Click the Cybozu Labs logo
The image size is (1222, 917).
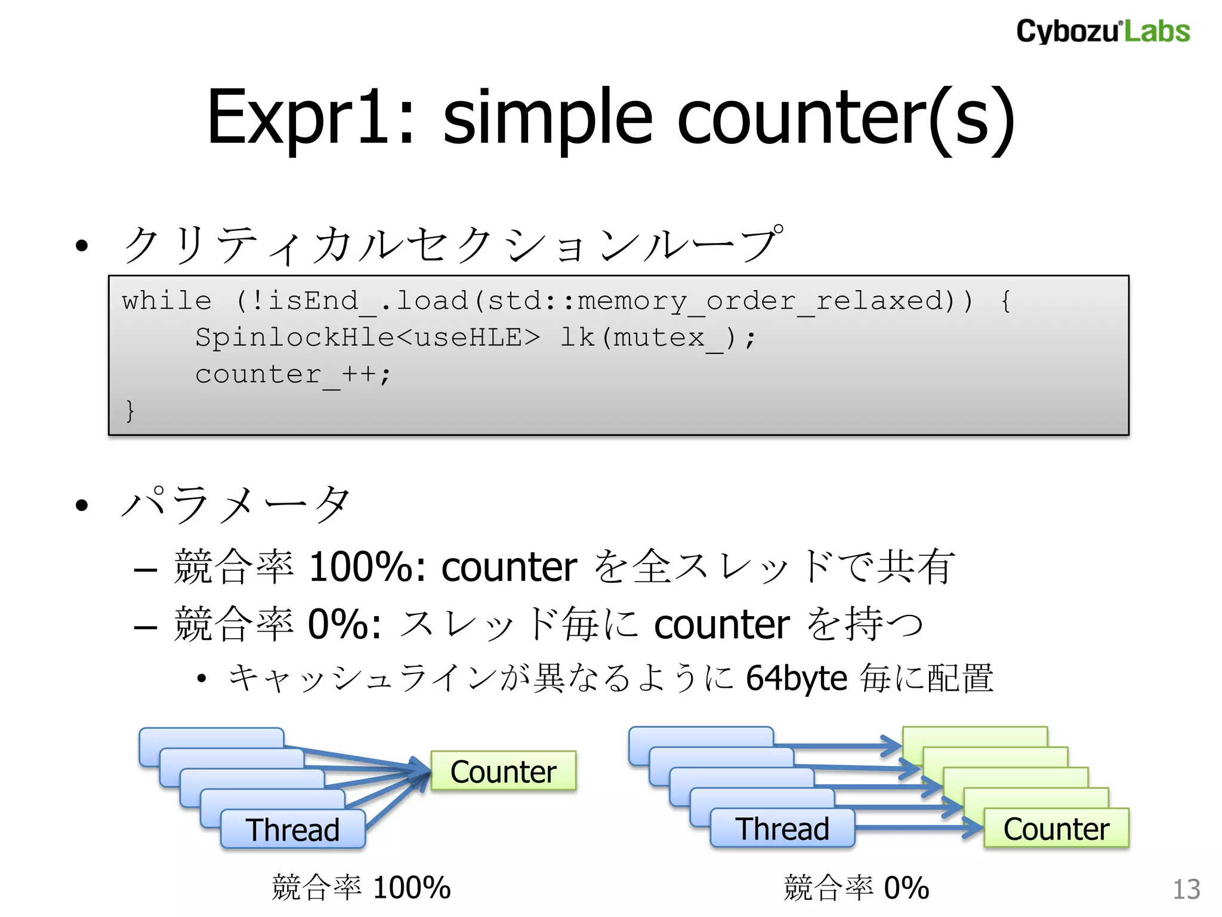(x=1103, y=31)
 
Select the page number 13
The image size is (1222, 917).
(x=1186, y=890)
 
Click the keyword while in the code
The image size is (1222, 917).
(x=166, y=301)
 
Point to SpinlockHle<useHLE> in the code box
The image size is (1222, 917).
(x=367, y=338)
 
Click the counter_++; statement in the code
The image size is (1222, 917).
(x=292, y=375)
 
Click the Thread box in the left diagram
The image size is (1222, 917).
(x=292, y=829)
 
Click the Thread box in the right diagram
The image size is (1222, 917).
(x=782, y=829)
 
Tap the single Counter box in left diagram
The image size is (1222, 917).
(x=503, y=771)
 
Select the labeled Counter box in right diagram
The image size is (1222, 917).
(x=1056, y=829)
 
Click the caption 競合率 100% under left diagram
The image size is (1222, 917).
(x=361, y=888)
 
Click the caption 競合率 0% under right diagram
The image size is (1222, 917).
(x=856, y=888)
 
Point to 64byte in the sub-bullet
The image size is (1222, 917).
(x=796, y=678)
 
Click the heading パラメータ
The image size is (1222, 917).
(x=236, y=504)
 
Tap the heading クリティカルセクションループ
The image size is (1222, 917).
(x=451, y=245)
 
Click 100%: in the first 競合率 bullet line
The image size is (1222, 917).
(x=367, y=567)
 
